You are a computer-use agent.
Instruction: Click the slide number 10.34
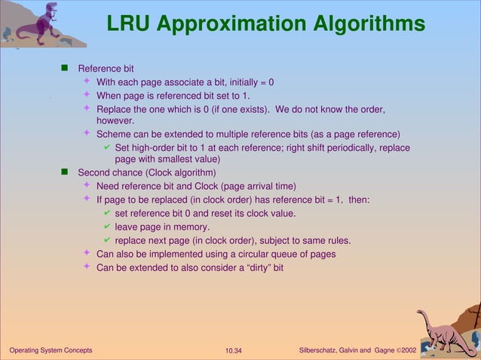[236, 351]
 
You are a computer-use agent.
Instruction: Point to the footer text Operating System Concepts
[50, 351]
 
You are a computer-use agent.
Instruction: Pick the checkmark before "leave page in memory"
[107, 227]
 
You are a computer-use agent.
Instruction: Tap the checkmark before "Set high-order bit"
[107, 147]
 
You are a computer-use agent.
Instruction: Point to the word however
[115, 121]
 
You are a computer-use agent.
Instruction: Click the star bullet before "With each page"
[87, 81]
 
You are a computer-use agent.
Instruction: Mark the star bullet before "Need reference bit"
[87, 185]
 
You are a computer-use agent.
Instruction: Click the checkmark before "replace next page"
[107, 240]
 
